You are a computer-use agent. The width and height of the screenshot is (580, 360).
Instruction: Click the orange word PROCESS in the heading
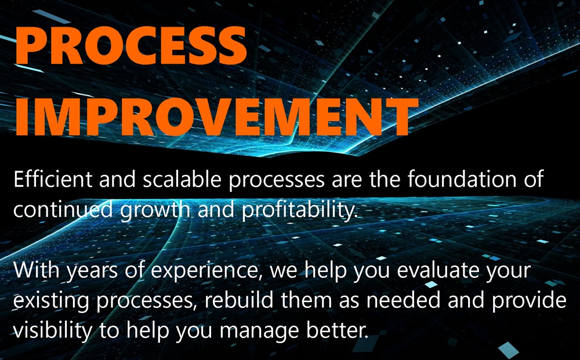[x=131, y=45]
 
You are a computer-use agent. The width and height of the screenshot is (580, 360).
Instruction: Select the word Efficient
[x=53, y=179]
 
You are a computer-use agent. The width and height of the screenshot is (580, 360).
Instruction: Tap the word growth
[x=155, y=211]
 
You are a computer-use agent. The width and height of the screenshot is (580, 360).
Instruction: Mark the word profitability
[x=300, y=211]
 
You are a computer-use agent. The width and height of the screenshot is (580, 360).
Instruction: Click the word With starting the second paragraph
[x=36, y=270]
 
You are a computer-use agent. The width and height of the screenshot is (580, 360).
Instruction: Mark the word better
[x=338, y=330]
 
